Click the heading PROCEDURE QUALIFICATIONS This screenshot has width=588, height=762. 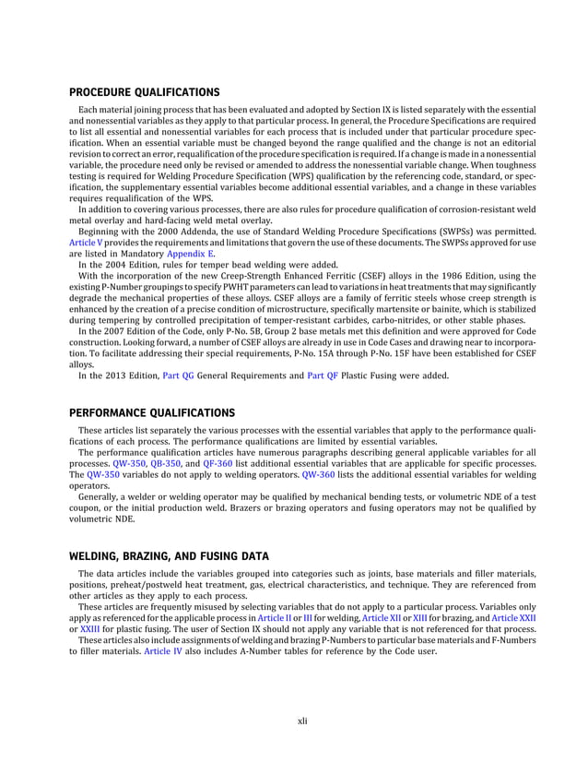tap(145, 92)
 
